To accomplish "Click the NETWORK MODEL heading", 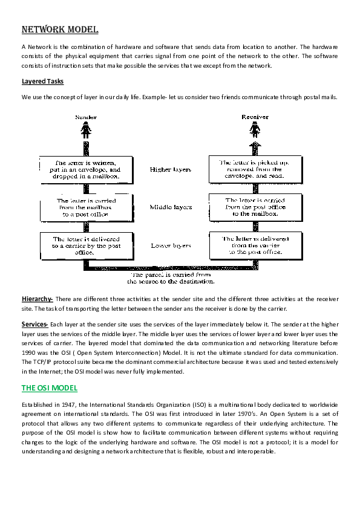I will click(60, 30).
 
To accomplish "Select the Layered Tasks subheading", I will click(42, 81).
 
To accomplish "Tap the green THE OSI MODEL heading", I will click(50, 387).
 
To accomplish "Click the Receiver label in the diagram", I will click(255, 117).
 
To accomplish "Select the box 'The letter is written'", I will click(88, 170).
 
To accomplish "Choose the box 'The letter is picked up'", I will click(254, 170).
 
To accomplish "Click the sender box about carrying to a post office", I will click(88, 207).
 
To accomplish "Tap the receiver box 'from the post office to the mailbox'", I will click(254, 207).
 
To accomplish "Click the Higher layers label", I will click(171, 170).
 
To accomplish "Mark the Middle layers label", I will click(171, 207).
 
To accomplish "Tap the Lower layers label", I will click(171, 246).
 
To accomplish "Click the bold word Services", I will click(35, 325).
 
